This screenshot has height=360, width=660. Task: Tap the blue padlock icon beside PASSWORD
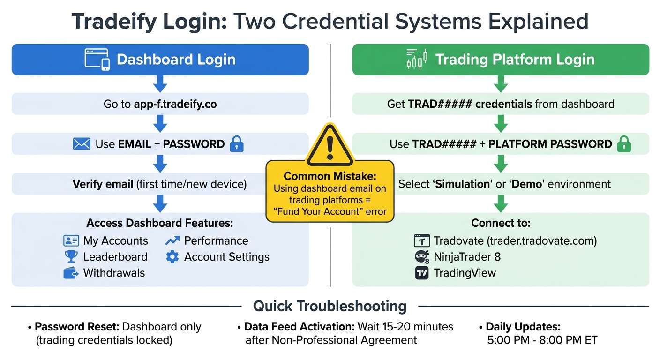[x=237, y=144]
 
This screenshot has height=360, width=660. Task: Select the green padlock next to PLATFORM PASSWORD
[x=624, y=144]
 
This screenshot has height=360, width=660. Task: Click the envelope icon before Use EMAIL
[x=82, y=144]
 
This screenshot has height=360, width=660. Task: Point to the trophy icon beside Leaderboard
[x=71, y=256]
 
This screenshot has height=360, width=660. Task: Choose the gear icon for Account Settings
[x=172, y=256]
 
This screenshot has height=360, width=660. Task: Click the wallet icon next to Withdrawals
[x=71, y=273]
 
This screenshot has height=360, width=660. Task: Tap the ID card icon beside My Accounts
[x=71, y=241]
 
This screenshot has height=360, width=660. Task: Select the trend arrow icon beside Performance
[x=172, y=241]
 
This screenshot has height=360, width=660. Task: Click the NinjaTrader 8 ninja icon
[x=422, y=257]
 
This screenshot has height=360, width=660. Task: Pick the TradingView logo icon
[x=422, y=273]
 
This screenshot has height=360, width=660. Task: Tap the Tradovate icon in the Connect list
[x=422, y=241]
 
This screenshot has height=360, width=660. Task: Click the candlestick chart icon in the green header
[x=417, y=60]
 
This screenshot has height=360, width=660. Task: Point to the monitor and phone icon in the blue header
[x=97, y=60]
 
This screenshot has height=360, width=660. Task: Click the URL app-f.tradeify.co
[x=175, y=104]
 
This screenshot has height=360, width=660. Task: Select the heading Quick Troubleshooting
[x=330, y=306]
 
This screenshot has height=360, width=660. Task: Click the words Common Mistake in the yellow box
[x=330, y=176]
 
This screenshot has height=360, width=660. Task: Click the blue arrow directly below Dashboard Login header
[x=160, y=84]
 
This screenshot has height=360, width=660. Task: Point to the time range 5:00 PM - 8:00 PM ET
[x=542, y=340]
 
